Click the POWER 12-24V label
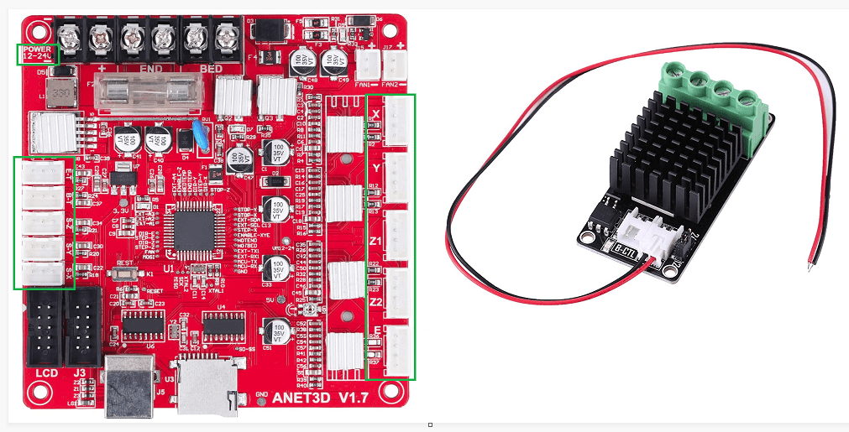38,54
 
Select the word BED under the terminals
211,68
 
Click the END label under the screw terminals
151,68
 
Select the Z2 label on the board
376,300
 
